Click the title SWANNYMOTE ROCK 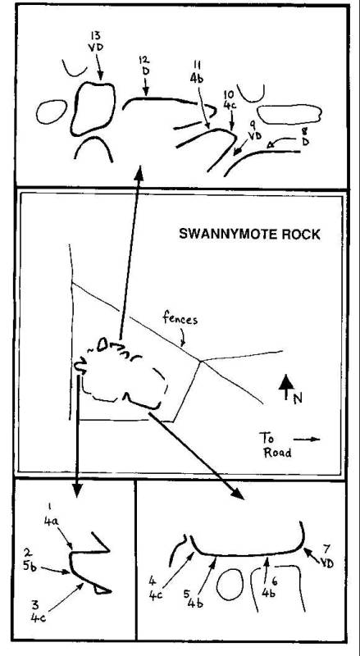click(249, 234)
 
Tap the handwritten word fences click(180, 320)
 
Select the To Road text click(275, 445)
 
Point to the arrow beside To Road click(307, 440)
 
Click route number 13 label click(97, 41)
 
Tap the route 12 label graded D click(145, 66)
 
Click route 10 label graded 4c click(230, 100)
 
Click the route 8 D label click(306, 137)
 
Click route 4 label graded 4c click(154, 588)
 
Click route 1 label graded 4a click(48, 514)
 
